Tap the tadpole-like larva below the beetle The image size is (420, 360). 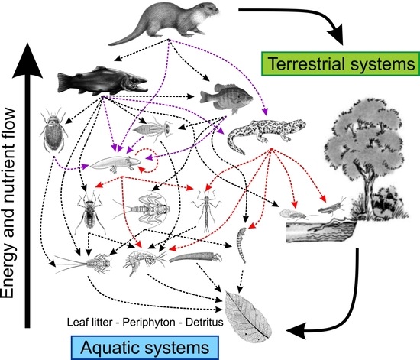tap(115, 162)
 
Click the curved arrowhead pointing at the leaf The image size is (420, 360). tap(291, 331)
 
